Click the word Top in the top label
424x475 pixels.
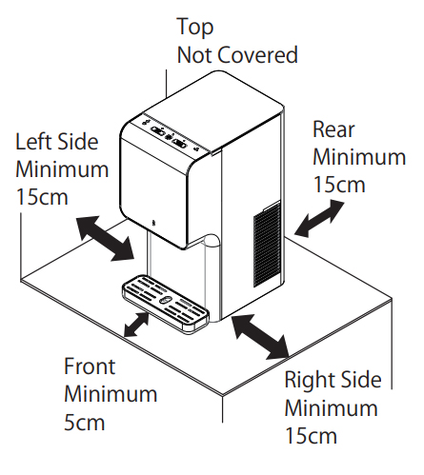pyautogui.click(x=195, y=27)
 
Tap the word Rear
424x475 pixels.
pyautogui.click(x=333, y=129)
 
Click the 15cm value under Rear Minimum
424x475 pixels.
pyautogui.click(x=339, y=185)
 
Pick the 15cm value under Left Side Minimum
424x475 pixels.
pyautogui.click(x=42, y=197)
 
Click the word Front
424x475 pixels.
pyautogui.click(x=90, y=366)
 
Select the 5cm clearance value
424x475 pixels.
pyautogui.click(x=84, y=423)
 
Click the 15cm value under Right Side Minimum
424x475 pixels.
pyautogui.click(x=311, y=436)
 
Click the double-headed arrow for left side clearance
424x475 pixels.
pyautogui.click(x=106, y=238)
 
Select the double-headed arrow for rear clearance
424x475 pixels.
pyautogui.click(x=319, y=218)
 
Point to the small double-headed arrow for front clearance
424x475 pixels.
pyautogui.click(x=136, y=324)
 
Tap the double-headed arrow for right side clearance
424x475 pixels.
pyautogui.click(x=261, y=337)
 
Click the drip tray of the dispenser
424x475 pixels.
pyautogui.click(x=166, y=303)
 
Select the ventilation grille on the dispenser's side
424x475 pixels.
pyautogui.click(x=267, y=244)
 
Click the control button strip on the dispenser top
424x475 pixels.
pyautogui.click(x=170, y=136)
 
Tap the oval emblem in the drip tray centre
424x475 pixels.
pyautogui.click(x=165, y=300)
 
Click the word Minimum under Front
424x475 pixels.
pyautogui.click(x=111, y=394)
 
